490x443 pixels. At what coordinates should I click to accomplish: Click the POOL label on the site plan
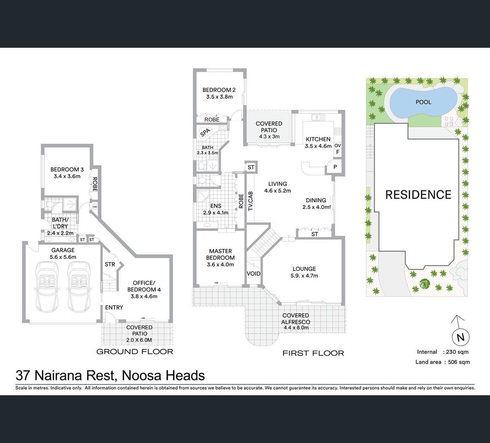(423, 102)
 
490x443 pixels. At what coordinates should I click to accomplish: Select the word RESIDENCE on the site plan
(418, 194)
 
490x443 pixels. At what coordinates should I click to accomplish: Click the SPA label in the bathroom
(205, 132)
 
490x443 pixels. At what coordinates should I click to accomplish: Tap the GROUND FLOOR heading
(135, 352)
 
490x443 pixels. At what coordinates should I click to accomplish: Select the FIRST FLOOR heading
(313, 353)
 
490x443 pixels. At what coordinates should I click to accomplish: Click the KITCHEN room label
(318, 139)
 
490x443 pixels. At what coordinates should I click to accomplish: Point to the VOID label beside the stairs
(253, 273)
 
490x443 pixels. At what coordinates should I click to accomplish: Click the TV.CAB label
(250, 201)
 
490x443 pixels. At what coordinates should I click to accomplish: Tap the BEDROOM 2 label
(219, 90)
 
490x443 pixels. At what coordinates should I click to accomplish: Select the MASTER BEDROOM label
(220, 254)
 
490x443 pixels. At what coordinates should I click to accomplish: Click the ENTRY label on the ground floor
(114, 307)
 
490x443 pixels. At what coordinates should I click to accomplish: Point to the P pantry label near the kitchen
(335, 167)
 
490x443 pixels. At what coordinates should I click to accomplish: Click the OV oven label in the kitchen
(338, 145)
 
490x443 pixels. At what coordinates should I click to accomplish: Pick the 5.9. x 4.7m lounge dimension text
(304, 276)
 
